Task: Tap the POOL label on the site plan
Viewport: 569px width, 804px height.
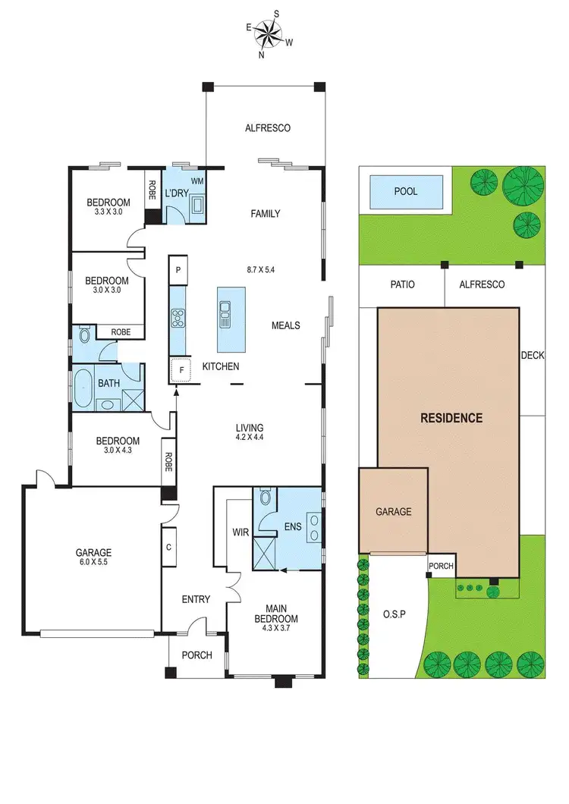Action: [405, 191]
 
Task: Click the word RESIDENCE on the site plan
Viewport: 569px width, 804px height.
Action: [451, 417]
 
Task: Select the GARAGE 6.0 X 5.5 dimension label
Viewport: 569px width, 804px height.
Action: [93, 558]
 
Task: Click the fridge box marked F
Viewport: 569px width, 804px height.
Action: [181, 370]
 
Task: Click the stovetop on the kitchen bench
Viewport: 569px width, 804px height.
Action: [178, 317]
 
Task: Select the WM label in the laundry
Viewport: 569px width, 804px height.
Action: [196, 181]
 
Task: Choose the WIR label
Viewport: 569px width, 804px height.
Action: [240, 532]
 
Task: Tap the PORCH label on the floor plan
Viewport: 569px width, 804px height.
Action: [196, 655]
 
